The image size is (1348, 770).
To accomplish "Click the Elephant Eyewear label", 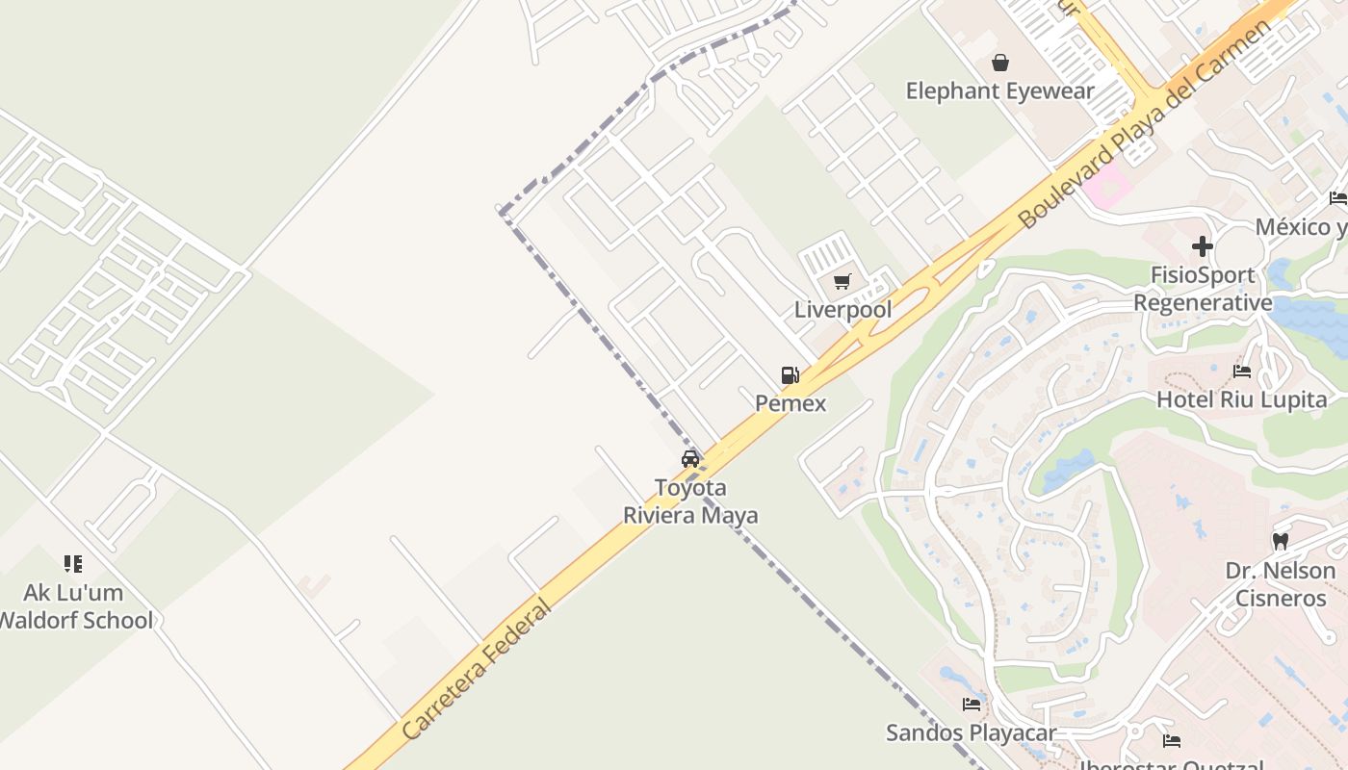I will point(1000,91).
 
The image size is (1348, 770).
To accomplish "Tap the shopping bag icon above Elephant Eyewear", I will point(1000,64).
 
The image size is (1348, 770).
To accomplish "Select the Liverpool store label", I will point(842,310).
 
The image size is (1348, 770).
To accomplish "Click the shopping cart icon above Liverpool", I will point(842,282).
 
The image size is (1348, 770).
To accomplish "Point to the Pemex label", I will point(791,403).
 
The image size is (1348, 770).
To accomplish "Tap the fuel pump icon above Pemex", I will point(791,375).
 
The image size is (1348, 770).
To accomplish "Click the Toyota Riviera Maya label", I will point(690,501).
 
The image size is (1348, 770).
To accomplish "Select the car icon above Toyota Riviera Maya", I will point(690,459).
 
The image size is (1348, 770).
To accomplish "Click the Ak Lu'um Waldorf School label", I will point(75,606).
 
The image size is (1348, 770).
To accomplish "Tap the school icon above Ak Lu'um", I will point(73,564).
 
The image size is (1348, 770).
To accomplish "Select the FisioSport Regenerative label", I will point(1203,290).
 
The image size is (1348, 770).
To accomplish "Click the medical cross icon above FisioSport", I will point(1203,246).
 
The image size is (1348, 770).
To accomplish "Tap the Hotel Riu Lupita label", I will point(1241,399).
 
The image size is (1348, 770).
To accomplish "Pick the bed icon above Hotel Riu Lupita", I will point(1242,372).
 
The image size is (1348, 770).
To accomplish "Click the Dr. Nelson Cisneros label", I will point(1281,584).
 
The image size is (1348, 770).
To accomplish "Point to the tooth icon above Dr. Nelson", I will point(1281,542).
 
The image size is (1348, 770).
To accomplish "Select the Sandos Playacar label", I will point(971,733).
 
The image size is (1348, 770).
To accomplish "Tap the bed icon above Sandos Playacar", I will point(972,705).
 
